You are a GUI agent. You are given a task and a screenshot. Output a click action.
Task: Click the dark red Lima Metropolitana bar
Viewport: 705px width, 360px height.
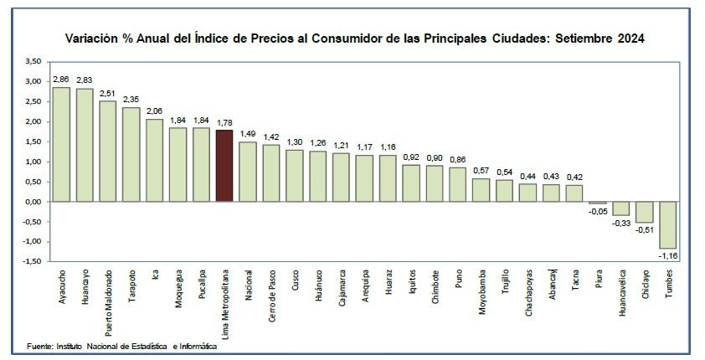click(224, 166)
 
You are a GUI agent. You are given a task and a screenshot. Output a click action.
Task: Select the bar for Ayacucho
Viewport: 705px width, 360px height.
click(61, 144)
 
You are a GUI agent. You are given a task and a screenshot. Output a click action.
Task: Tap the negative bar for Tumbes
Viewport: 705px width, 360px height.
click(668, 224)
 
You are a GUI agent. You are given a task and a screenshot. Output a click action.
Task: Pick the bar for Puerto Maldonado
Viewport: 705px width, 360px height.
click(107, 151)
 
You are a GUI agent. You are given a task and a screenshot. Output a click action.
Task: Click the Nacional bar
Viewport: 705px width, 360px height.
click(247, 172)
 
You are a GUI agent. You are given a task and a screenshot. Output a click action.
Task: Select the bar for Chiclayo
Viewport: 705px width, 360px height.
click(645, 212)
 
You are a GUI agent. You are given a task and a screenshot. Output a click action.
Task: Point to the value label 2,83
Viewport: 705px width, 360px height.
click(85, 80)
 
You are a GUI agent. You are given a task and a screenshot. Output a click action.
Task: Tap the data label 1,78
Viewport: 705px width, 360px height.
click(224, 122)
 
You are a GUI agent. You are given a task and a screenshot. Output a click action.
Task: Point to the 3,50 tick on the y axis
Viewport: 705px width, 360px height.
click(33, 61)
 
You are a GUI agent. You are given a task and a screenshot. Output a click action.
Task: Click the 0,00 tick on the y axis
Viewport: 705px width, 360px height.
click(33, 202)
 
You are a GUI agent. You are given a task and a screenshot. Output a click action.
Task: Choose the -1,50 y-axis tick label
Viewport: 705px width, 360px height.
click(31, 261)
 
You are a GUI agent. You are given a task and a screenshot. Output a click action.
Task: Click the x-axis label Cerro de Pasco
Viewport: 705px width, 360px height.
click(271, 294)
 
